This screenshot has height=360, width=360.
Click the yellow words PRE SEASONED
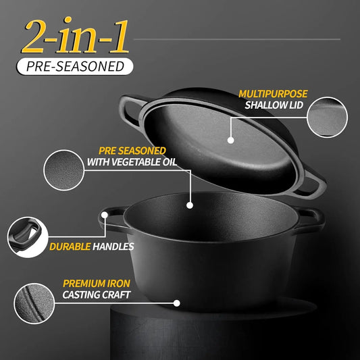132,150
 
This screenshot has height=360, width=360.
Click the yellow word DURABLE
70,247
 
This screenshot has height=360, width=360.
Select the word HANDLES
113,247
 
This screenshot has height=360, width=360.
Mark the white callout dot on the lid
231,140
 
